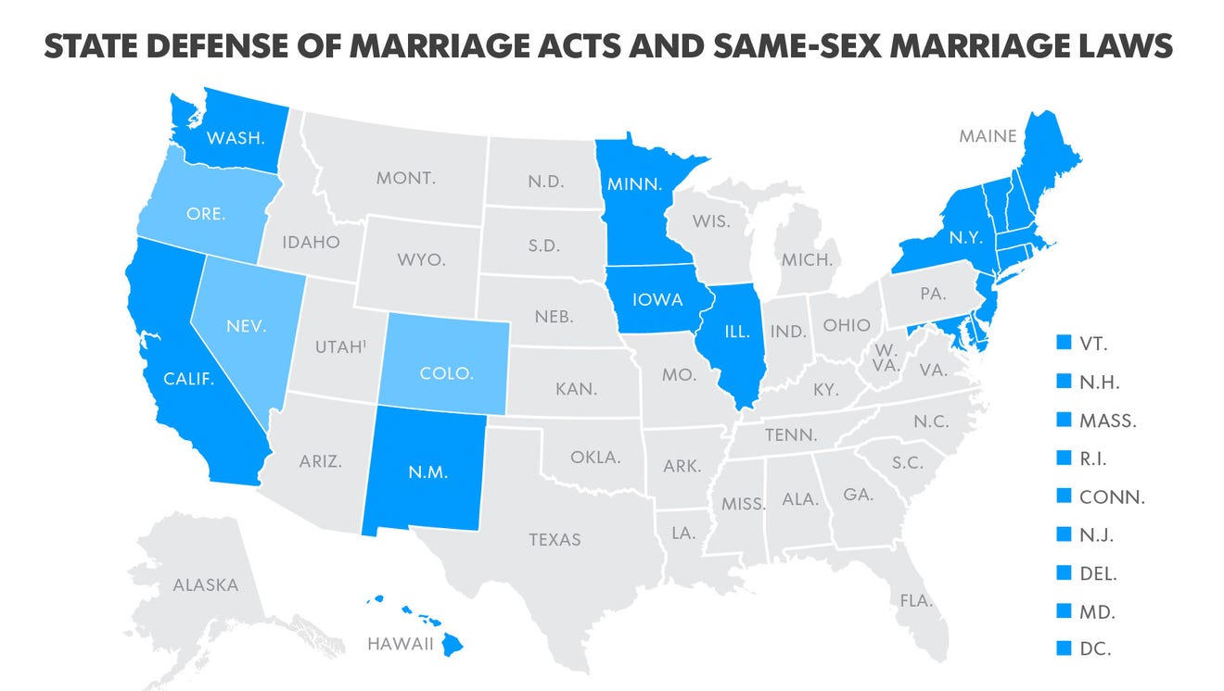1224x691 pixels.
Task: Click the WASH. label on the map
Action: pos(236,138)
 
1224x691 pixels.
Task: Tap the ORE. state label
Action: pos(205,213)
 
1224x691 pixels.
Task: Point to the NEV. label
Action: pos(246,326)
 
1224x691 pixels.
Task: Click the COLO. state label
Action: pos(447,373)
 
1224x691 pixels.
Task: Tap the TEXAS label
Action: pos(555,539)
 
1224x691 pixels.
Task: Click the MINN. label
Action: pos(634,183)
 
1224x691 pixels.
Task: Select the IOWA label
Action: pos(657,300)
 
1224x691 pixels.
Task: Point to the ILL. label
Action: pos(736,331)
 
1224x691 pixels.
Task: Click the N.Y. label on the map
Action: pos(965,237)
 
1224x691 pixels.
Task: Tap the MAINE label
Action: pos(988,136)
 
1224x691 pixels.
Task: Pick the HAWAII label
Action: pos(401,645)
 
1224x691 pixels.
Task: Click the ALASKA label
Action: pos(205,585)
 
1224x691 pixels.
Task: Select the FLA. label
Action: pos(915,600)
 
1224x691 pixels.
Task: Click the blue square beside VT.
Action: pos(1064,344)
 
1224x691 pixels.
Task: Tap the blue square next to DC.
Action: pos(1064,648)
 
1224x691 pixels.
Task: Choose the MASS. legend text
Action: pos(1108,421)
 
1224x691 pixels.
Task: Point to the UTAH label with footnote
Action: pos(340,348)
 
